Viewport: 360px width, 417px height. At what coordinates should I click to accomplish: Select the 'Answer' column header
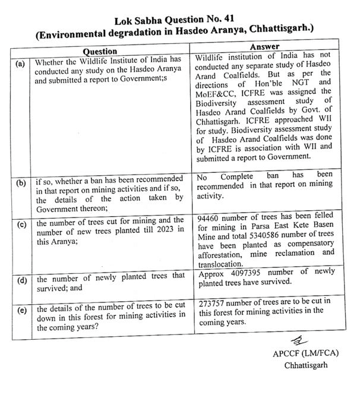266,46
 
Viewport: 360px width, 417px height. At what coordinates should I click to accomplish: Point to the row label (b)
21,184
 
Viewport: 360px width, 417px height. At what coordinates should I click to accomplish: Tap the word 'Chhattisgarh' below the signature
307,365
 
